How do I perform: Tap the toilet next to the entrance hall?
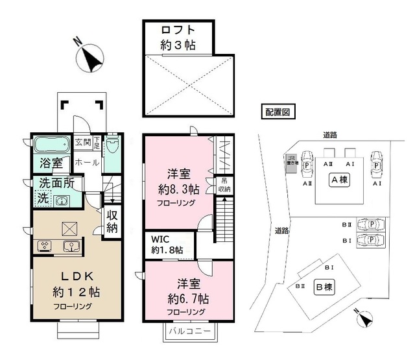click(112, 145)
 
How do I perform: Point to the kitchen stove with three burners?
click(46, 245)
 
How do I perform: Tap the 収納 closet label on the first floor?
click(112, 222)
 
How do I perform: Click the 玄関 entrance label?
click(82, 141)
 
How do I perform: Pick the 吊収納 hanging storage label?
click(224, 184)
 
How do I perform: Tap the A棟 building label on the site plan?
click(338, 180)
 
